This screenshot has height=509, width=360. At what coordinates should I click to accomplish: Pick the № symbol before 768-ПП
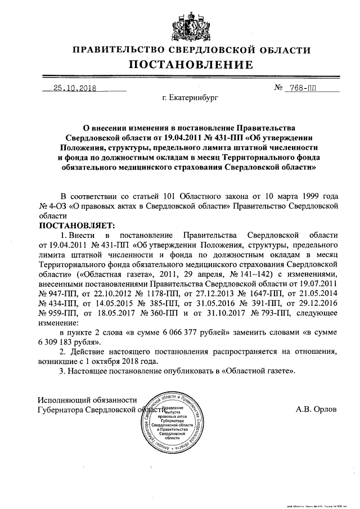[278, 88]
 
